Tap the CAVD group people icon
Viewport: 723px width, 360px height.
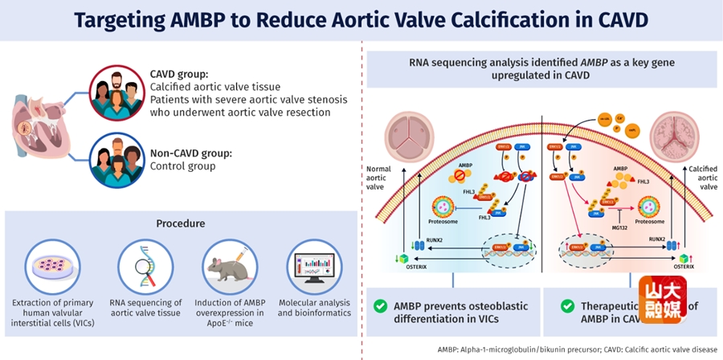(x=116, y=92)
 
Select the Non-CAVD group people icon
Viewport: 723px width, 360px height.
(x=116, y=161)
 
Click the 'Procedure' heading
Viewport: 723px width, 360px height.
(x=180, y=223)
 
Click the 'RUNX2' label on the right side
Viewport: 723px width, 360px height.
(x=657, y=239)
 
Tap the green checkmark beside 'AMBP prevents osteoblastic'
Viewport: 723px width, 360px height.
(x=382, y=306)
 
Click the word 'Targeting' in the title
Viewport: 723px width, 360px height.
(x=124, y=20)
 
